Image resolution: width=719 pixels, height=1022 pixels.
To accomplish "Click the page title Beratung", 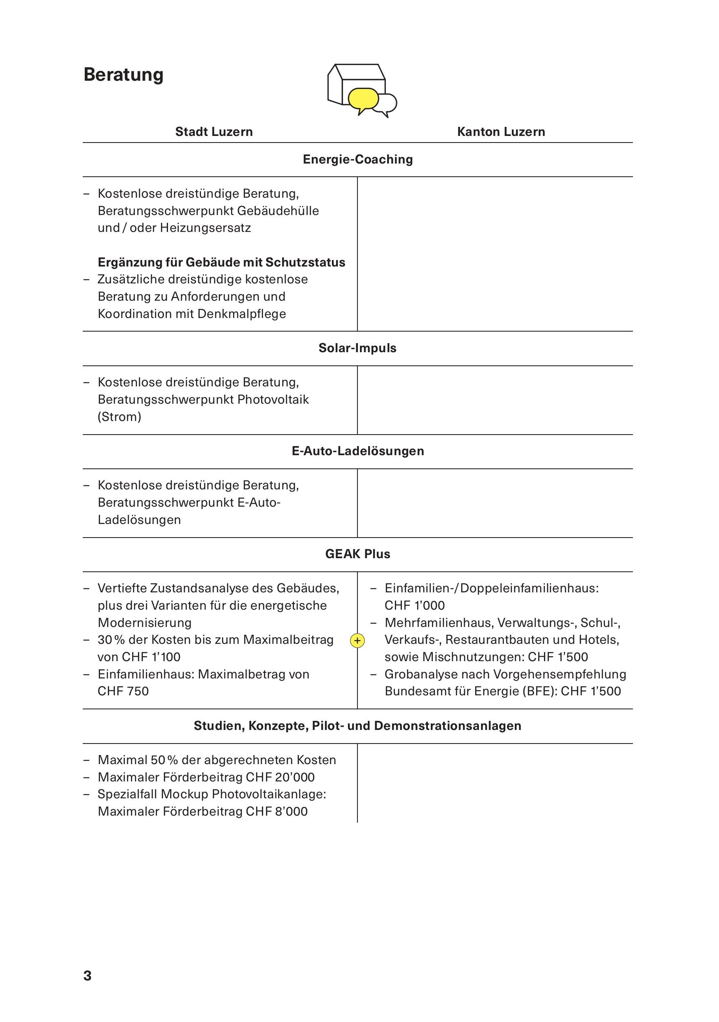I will pos(123,75).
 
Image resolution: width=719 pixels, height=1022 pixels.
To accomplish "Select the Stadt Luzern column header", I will pos(214,132).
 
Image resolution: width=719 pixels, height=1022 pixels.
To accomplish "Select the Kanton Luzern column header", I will pos(501,132).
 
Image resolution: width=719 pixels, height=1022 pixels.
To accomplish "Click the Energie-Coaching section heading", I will pos(358,159).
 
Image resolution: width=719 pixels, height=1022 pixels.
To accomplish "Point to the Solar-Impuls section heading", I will pos(357,348).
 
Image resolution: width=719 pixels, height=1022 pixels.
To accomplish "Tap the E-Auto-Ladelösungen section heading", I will pos(358,451).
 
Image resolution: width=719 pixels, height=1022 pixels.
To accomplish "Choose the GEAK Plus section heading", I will pos(357,554).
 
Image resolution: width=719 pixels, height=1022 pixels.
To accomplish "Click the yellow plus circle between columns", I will pos(357,641).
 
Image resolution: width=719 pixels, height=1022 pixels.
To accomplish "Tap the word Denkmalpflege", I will pos(241,314).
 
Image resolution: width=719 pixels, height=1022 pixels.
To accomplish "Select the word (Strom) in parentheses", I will pos(119,416).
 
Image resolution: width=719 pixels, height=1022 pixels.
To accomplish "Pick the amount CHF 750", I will pos(123,691).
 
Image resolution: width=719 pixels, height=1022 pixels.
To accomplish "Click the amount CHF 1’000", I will pos(414,606).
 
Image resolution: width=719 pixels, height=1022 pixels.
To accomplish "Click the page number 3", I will pos(87,975).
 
